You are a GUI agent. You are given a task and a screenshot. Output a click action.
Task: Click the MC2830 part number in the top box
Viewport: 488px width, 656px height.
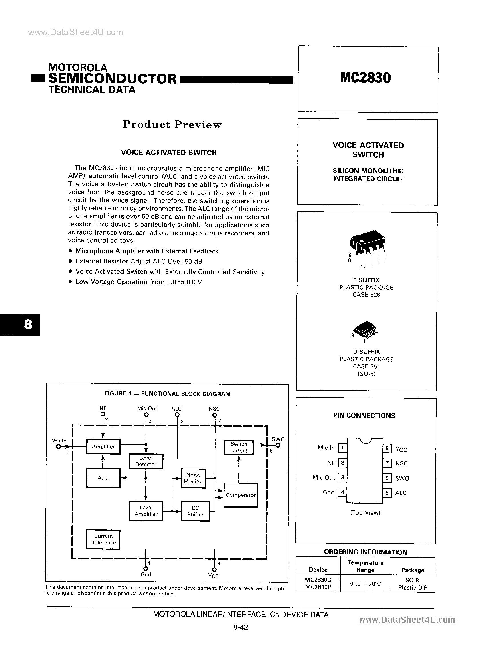tap(365, 78)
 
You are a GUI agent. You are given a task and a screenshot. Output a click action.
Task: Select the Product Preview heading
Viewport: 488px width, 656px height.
tap(172, 124)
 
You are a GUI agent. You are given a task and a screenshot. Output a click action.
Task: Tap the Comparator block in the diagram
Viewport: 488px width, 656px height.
tap(240, 495)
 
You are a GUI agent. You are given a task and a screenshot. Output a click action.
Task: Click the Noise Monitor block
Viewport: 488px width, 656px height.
tap(193, 478)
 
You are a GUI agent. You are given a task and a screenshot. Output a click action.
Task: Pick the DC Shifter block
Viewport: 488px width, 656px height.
tap(195, 511)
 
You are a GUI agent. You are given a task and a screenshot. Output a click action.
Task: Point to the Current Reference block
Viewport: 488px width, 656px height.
tap(103, 539)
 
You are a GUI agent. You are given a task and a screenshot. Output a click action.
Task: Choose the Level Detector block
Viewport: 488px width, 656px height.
tap(146, 461)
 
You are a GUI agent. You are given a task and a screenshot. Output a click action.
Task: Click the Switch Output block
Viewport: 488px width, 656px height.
tap(239, 447)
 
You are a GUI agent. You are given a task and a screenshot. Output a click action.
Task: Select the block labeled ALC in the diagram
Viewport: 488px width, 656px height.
tap(103, 477)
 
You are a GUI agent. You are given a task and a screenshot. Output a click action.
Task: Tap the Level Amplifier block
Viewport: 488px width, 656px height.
tap(146, 511)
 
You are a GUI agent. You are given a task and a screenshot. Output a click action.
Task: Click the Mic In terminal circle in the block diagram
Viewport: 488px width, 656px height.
tap(59, 447)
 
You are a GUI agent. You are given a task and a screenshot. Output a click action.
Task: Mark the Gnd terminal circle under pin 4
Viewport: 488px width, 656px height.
tap(145, 569)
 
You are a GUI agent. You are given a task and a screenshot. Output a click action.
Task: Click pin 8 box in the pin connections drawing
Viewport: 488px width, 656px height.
tap(387, 449)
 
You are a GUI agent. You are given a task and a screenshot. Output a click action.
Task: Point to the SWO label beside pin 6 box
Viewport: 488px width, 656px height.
tap(402, 478)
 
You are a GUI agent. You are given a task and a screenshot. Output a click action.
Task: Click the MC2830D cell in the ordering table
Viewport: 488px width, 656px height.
tap(318, 580)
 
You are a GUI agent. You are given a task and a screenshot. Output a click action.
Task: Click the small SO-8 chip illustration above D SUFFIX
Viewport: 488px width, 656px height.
tap(366, 329)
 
